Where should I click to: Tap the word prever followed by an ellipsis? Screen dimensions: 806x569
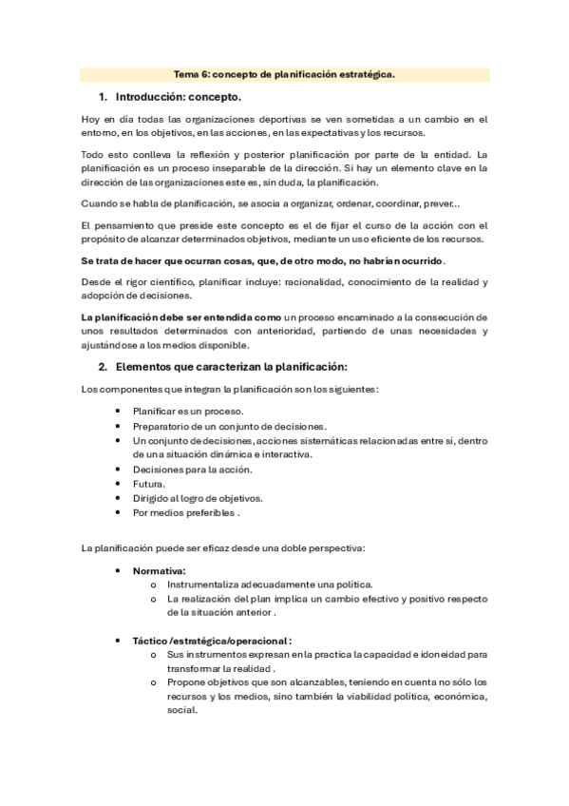(438, 202)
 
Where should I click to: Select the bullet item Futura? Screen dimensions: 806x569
(149, 484)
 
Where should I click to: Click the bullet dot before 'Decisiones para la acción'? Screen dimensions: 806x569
(117, 470)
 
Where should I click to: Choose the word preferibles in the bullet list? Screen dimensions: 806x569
(206, 513)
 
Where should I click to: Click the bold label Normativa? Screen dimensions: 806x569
(158, 570)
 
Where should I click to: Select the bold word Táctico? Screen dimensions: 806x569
(149, 641)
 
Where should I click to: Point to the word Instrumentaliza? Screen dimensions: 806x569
(206, 585)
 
